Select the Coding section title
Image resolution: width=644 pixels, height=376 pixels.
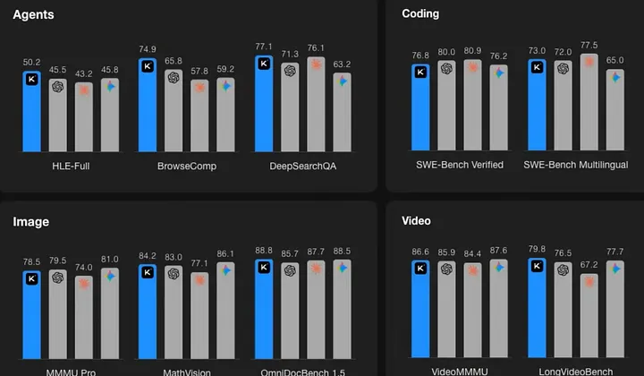[x=420, y=14]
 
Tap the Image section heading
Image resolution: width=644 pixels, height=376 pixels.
[x=30, y=221]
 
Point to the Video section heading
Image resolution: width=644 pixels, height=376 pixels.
[x=417, y=221]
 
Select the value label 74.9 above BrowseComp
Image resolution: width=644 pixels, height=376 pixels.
[x=148, y=48]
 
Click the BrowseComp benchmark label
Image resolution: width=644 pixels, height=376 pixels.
[x=187, y=166]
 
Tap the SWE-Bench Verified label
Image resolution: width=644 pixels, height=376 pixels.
[x=459, y=166]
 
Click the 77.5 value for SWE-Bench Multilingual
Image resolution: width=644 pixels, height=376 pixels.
[x=589, y=45]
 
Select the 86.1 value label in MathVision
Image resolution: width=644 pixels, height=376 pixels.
[x=226, y=254]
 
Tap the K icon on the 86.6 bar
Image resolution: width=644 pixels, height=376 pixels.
[x=420, y=267]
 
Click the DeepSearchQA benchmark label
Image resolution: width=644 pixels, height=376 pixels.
[x=303, y=166]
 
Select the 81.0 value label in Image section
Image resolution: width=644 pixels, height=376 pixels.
[x=110, y=260]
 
